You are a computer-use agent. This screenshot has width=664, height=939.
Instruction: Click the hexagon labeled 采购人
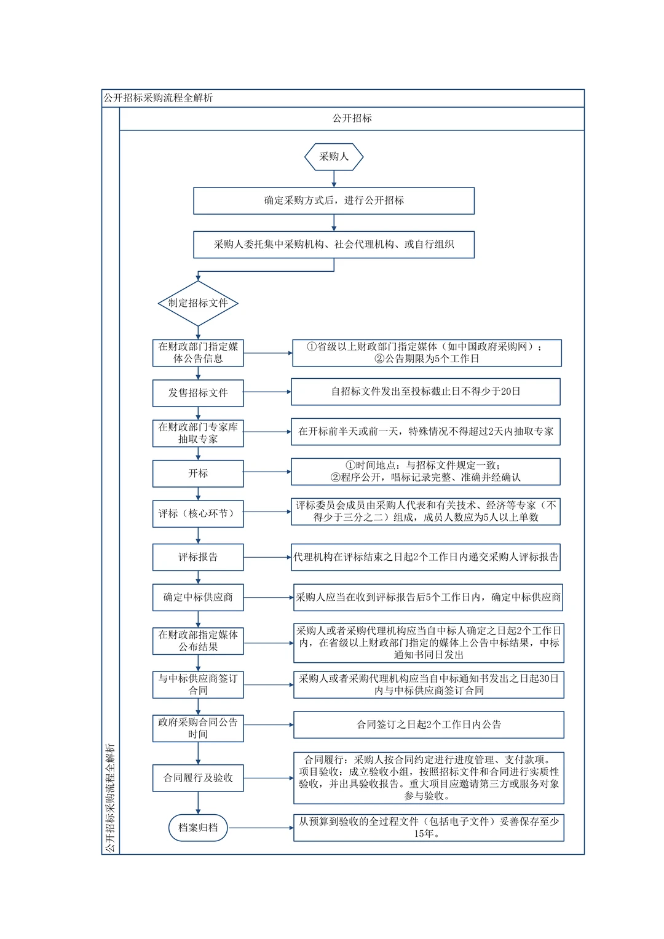(334, 157)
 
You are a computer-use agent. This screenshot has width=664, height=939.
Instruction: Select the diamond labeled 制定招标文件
(198, 303)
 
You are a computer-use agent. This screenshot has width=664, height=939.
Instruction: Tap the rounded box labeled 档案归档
(198, 828)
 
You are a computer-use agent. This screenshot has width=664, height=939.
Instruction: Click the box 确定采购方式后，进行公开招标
(334, 200)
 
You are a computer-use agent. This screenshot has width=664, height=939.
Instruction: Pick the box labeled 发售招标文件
(198, 393)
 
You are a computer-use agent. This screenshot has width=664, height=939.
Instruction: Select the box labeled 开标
(198, 473)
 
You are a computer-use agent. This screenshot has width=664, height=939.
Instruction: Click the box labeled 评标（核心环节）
(198, 513)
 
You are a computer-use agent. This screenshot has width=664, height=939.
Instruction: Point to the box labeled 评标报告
(198, 557)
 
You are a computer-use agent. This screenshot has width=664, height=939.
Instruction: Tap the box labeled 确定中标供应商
(198, 597)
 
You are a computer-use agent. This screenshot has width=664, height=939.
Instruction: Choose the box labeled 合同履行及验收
(198, 778)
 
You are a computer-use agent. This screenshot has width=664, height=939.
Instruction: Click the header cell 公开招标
(352, 119)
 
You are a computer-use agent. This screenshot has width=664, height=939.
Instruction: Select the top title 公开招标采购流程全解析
(159, 98)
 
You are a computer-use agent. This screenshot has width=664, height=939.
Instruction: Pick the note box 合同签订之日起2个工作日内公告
(429, 724)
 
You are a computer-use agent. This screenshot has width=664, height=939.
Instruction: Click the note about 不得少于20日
(425, 392)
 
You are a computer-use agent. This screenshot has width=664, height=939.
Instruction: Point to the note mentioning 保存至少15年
(429, 828)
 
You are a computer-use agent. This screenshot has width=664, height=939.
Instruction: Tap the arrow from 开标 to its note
(267, 472)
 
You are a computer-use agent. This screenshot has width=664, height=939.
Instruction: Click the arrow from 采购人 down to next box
(334, 179)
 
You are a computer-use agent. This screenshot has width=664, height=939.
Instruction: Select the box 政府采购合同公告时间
(198, 728)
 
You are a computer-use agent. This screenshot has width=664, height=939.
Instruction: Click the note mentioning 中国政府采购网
(427, 353)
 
